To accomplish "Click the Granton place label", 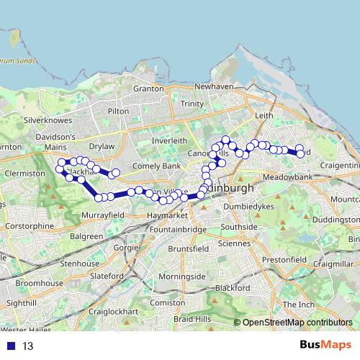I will coord(149,89).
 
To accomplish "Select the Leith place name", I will coord(264,114).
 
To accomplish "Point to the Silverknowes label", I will coord(45,120).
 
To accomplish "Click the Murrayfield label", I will coord(104,215).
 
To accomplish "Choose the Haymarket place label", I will coord(167,215).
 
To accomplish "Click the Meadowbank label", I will coord(287,176).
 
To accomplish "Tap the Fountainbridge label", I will coord(176,230).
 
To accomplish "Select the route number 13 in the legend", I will coord(28,346).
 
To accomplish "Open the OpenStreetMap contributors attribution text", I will coord(297,323).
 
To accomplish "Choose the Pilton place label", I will coord(118,112).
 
